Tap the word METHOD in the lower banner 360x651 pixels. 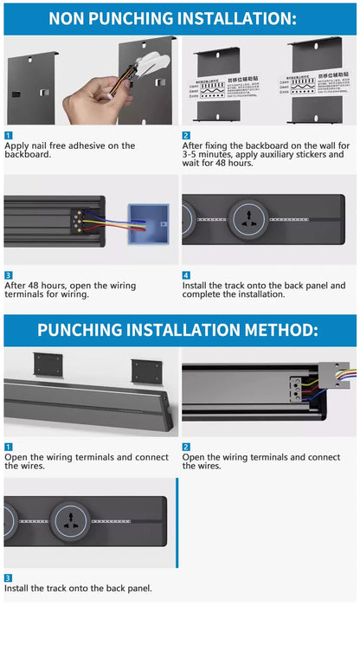275,329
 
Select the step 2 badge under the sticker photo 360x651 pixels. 186,135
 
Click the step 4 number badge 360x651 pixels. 186,275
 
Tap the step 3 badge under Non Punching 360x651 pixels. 8,275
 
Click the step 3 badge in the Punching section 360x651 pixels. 8,577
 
